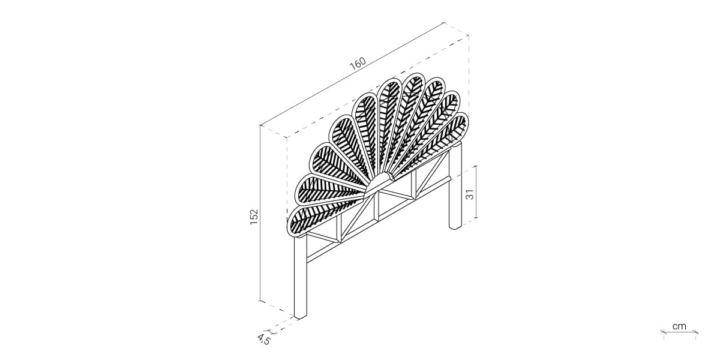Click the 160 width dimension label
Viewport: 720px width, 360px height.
[x=358, y=64]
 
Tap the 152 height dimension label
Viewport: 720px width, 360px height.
[x=254, y=217]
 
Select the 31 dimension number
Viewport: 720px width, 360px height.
[x=470, y=194]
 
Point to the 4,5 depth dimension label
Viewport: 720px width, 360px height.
[x=263, y=339]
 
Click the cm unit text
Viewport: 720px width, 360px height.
[x=679, y=326]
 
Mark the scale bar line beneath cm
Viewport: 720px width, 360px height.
[x=679, y=332]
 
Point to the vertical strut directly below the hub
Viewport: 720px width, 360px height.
[x=376, y=206]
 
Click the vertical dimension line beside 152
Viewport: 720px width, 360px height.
[x=260, y=213]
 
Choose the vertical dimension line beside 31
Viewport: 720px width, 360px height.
[x=476, y=192]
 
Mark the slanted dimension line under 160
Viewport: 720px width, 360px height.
[x=352, y=74]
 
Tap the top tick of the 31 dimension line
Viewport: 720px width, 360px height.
[x=476, y=166]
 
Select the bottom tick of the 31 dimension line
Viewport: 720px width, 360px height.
[x=476, y=218]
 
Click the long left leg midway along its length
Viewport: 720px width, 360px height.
[x=300, y=277]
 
